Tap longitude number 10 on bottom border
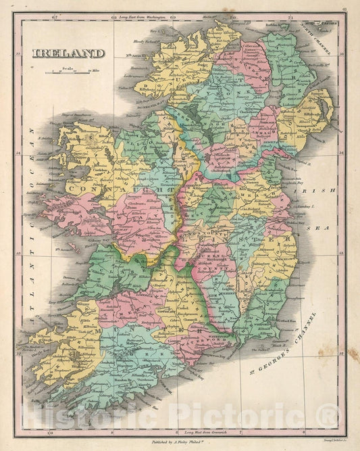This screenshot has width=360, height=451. click(x=49, y=431)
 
